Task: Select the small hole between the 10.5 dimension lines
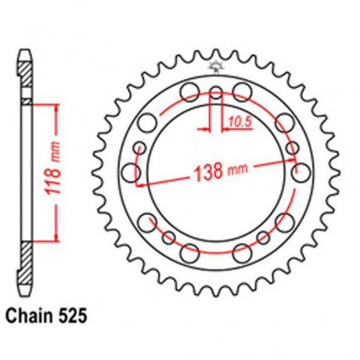(216, 93)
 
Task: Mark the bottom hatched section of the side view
(27, 256)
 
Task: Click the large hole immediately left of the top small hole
(189, 91)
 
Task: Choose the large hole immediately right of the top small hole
(242, 90)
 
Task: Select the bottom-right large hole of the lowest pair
(242, 252)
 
